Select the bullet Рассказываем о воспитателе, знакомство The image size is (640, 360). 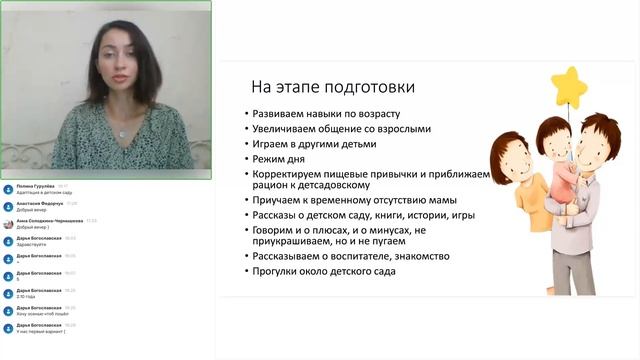[350, 256]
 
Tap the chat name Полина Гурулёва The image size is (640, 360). [36, 186]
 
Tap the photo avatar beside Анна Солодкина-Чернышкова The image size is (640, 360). [8, 223]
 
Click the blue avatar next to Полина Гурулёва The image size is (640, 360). [8, 188]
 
